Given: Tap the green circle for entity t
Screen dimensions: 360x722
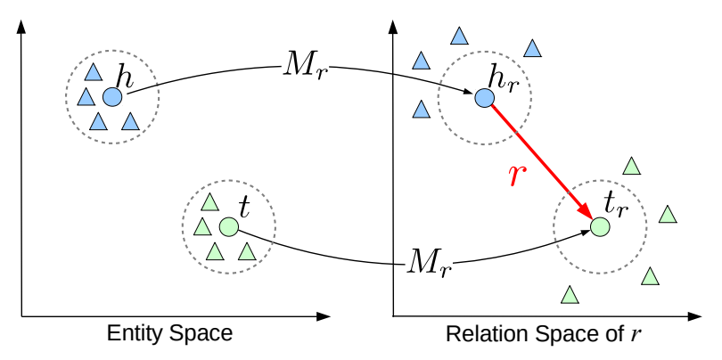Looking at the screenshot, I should [x=227, y=227].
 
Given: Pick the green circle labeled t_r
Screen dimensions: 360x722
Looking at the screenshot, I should [x=600, y=227].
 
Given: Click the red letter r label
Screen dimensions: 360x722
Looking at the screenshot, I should [x=514, y=176].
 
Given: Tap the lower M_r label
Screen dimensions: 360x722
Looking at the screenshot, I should [x=430, y=261].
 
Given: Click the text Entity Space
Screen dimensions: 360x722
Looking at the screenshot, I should [x=169, y=334].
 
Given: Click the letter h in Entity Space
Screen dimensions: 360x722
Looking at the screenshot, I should [x=125, y=78].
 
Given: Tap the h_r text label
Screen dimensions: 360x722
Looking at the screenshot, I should [x=501, y=78].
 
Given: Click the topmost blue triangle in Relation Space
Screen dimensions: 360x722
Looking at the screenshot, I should [x=459, y=37].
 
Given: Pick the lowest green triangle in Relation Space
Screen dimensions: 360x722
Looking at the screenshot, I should [x=568, y=294].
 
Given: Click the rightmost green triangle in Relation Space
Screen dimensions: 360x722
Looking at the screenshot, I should [x=667, y=215].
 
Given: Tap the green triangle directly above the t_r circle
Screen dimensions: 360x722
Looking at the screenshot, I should [x=631, y=166].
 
